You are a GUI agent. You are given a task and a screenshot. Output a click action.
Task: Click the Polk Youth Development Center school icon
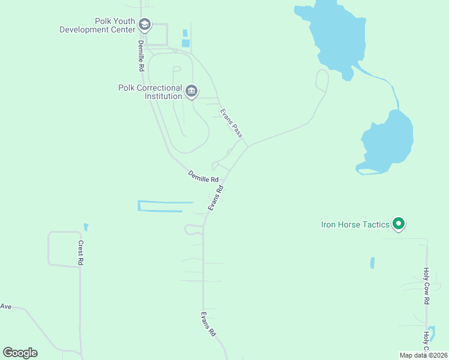[144, 25]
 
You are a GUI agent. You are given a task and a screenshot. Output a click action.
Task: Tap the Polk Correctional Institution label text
[150, 92]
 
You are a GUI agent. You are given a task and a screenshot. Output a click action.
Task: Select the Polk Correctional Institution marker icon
[191, 91]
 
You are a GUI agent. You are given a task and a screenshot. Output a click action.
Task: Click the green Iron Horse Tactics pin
[398, 224]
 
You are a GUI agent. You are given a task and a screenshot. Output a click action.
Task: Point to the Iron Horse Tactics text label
[355, 224]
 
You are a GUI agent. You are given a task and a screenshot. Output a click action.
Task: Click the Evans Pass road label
[231, 123]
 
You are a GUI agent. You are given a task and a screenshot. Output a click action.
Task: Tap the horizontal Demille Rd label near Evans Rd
[203, 177]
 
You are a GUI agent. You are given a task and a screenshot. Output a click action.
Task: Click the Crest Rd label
[80, 253]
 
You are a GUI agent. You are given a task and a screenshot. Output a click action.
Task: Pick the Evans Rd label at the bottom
[208, 324]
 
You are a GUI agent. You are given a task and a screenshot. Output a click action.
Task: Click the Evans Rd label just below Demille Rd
[216, 197]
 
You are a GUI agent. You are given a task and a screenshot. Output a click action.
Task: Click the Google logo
[20, 353]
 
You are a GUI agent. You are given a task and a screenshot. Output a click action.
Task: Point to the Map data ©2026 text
[423, 355]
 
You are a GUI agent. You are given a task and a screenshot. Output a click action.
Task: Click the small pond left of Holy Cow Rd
[372, 263]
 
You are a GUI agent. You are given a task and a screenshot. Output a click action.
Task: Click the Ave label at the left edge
[6, 307]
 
